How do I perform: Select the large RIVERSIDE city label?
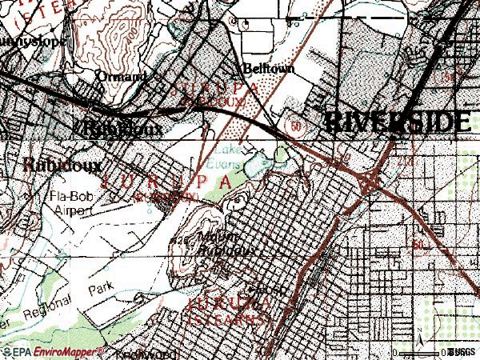[396, 122]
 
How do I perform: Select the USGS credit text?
[462, 351]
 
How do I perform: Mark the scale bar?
[428, 349]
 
